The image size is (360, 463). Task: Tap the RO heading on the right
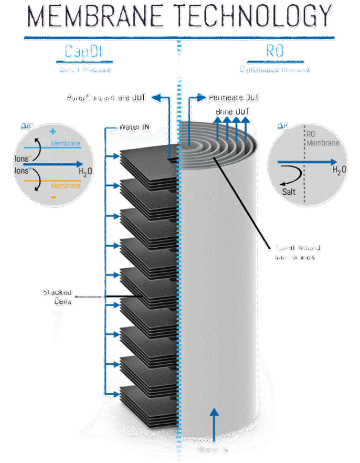(x=275, y=52)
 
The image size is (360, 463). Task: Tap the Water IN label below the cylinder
(x=213, y=450)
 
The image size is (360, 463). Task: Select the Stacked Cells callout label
(x=58, y=297)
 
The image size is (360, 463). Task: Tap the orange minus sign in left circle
(x=53, y=196)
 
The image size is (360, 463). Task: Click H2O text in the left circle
(x=86, y=171)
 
